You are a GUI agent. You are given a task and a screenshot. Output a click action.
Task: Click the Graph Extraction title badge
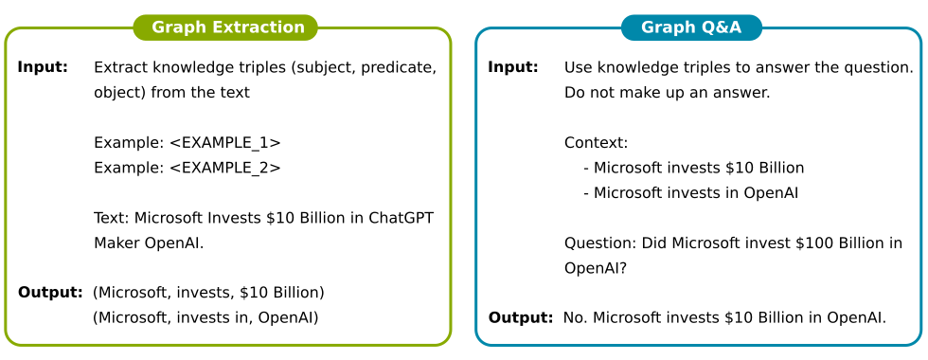[x=225, y=27]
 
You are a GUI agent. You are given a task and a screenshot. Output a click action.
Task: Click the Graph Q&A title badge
[x=691, y=27]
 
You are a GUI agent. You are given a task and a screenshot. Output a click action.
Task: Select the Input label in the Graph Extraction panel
[x=43, y=67]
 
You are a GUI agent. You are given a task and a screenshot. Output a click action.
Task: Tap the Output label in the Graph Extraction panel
[x=50, y=293]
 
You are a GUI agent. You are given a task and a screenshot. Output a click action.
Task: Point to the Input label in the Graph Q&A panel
[x=513, y=67]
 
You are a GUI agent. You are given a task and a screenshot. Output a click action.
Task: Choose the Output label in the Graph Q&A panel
[x=521, y=318]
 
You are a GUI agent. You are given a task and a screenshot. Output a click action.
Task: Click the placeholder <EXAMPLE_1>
[x=225, y=143]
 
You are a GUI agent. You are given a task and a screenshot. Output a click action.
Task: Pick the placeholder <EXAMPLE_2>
[x=225, y=169]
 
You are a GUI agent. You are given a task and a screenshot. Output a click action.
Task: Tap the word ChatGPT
[x=402, y=218]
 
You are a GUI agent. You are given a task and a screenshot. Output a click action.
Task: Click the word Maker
[x=116, y=243]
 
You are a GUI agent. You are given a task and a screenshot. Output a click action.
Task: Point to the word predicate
[x=399, y=68]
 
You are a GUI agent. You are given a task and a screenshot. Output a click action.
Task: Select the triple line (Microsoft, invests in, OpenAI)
[x=206, y=318]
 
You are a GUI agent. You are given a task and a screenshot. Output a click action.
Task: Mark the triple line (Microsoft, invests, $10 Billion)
[x=209, y=293]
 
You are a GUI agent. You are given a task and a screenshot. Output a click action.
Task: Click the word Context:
[x=596, y=143]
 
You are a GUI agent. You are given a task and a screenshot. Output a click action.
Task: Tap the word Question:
[x=600, y=243]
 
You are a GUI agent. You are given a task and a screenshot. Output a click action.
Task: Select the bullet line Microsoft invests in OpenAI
[x=690, y=193]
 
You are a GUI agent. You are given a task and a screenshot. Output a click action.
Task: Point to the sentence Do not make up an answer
[x=668, y=93]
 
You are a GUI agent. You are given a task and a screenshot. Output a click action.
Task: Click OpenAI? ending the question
[x=596, y=268]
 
